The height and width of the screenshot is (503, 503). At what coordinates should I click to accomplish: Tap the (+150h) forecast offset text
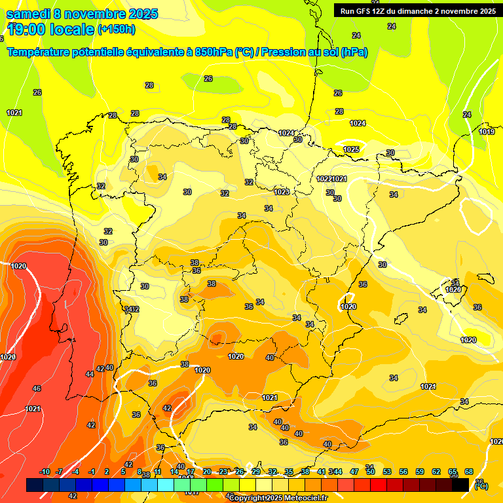[x=117, y=29]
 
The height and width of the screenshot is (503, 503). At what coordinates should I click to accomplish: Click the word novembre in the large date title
[x=94, y=14]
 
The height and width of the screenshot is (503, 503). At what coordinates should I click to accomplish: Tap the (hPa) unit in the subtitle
[x=353, y=52]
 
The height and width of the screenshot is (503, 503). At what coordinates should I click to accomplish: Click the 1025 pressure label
[x=351, y=150]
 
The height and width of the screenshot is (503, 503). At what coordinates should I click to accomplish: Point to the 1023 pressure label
[x=282, y=192]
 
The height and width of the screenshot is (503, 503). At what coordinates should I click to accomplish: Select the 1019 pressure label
[x=487, y=132]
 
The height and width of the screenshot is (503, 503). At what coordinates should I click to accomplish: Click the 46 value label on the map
[x=37, y=388]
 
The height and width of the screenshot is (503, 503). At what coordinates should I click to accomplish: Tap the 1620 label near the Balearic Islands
[x=453, y=289]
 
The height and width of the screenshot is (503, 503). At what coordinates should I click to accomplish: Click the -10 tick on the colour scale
[x=45, y=472]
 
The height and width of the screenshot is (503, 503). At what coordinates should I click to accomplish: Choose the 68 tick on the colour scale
[x=469, y=472]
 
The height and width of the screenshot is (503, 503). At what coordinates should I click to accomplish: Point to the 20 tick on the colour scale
[x=206, y=472]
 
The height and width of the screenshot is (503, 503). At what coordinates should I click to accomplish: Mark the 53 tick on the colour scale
[x=387, y=472]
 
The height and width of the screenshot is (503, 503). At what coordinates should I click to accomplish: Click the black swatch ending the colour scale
[x=460, y=485]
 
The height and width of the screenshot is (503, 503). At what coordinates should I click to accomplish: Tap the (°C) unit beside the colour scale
[x=481, y=485]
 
